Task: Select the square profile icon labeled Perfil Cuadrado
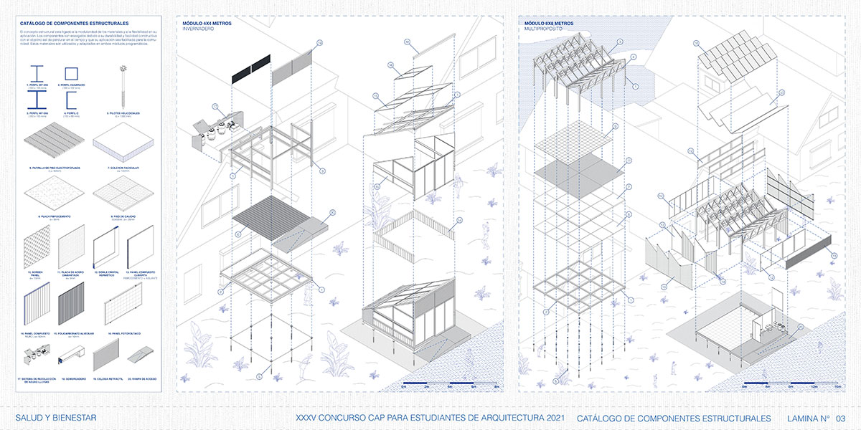[x=71, y=73]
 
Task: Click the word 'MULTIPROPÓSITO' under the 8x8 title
[x=542, y=30]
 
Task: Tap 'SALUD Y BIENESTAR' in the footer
[x=56, y=418]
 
